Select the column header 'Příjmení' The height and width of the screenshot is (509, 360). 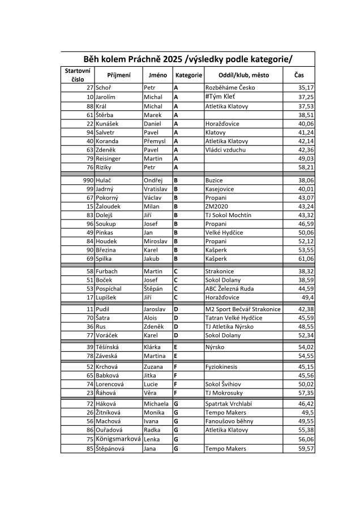(x=119, y=75)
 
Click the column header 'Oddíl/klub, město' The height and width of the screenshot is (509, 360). (x=243, y=75)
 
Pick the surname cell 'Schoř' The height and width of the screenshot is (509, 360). (x=104, y=88)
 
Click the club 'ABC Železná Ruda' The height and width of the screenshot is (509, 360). (x=230, y=288)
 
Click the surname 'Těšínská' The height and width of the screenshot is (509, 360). (x=111, y=347)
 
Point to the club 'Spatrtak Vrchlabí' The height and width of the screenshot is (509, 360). (x=231, y=404)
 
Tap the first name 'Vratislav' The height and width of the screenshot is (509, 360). (x=156, y=188)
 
